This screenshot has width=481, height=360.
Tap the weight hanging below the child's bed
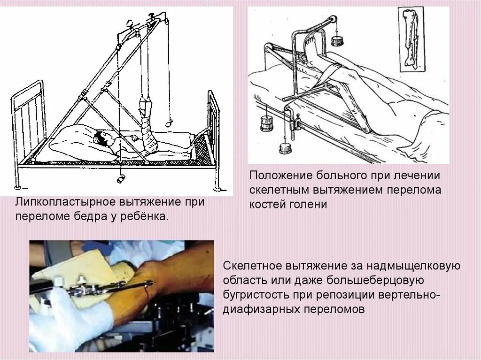pyautogui.click(x=121, y=179)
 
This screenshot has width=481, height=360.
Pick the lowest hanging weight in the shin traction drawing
pyautogui.click(x=285, y=148)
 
